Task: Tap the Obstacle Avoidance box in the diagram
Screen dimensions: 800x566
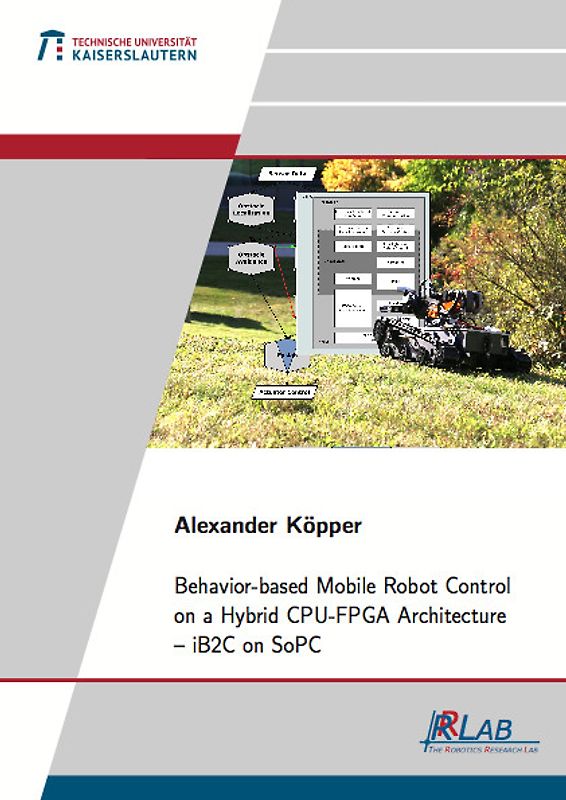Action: [250, 259]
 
